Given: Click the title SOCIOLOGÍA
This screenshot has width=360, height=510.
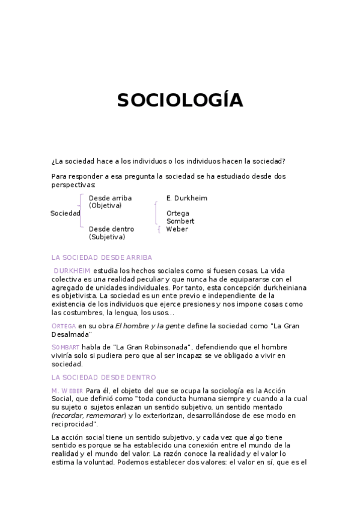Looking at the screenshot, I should pyautogui.click(x=180, y=100).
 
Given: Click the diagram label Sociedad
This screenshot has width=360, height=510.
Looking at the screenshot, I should pyautogui.click(x=65, y=214).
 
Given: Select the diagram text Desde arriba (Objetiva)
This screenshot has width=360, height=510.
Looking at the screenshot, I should pyautogui.click(x=110, y=201).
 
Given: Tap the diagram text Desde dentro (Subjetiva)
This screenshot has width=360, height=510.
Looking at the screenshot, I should pyautogui.click(x=111, y=233).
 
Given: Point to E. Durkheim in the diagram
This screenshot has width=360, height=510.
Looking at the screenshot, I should pyautogui.click(x=186, y=198).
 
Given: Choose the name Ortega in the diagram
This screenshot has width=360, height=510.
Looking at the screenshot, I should pyautogui.click(x=178, y=214).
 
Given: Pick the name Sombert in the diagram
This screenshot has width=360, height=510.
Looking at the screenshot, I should pyautogui.click(x=180, y=221).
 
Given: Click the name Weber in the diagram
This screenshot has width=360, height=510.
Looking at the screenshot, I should pyautogui.click(x=177, y=229).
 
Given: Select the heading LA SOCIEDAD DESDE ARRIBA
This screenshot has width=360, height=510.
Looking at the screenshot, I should pyautogui.click(x=102, y=257).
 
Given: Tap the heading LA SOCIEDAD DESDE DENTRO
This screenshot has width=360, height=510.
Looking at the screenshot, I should pyautogui.click(x=103, y=377).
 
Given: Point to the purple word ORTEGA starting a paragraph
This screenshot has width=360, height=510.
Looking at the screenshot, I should pyautogui.click(x=64, y=326).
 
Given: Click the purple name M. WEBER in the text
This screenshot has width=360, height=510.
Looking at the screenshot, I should pyautogui.click(x=67, y=391).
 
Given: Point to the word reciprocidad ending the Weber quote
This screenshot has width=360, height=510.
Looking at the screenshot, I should pyautogui.click(x=75, y=424).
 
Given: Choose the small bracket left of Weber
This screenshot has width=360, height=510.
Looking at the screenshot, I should pyautogui.click(x=158, y=229).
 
